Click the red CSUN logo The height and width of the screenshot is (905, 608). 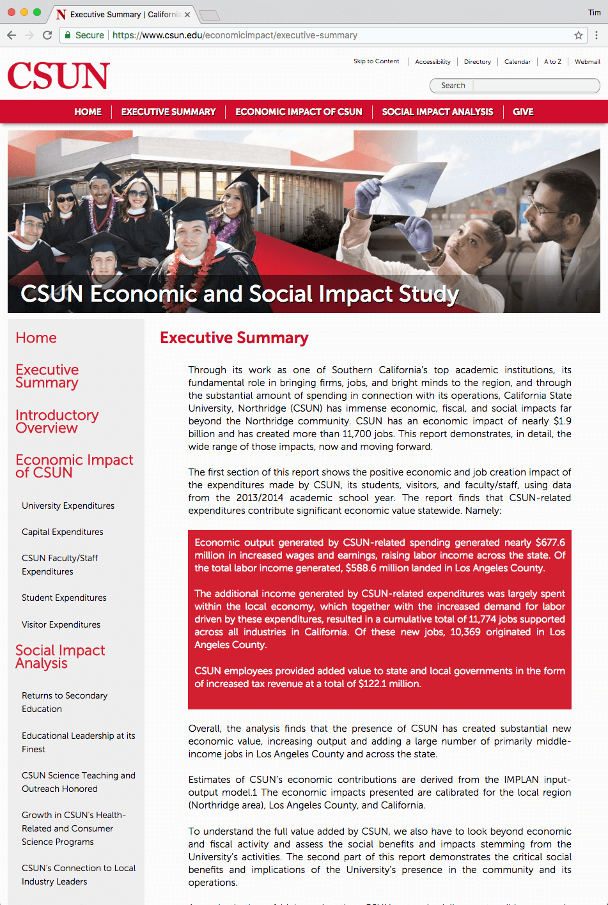(x=59, y=75)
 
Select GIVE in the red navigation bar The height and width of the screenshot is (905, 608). (x=523, y=112)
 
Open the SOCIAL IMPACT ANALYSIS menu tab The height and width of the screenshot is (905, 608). (x=437, y=112)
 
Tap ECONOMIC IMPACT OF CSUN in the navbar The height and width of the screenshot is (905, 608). (x=299, y=112)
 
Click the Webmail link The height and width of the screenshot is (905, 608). (x=587, y=62)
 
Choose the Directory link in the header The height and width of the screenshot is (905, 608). (x=477, y=62)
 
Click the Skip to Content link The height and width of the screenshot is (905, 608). (x=376, y=61)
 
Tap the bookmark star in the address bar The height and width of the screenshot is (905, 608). (x=578, y=35)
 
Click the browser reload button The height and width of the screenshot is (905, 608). (x=47, y=35)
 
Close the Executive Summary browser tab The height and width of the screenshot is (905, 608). (x=187, y=14)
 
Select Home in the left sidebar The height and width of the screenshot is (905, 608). (x=36, y=338)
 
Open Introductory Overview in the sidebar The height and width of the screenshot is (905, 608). (x=57, y=421)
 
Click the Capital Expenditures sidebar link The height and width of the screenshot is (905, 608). (x=62, y=532)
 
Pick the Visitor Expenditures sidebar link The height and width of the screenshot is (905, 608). (x=61, y=624)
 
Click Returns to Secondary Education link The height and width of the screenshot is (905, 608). (x=64, y=702)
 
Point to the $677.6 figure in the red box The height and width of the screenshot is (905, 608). (x=550, y=543)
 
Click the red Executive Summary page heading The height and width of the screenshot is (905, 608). (x=234, y=338)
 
